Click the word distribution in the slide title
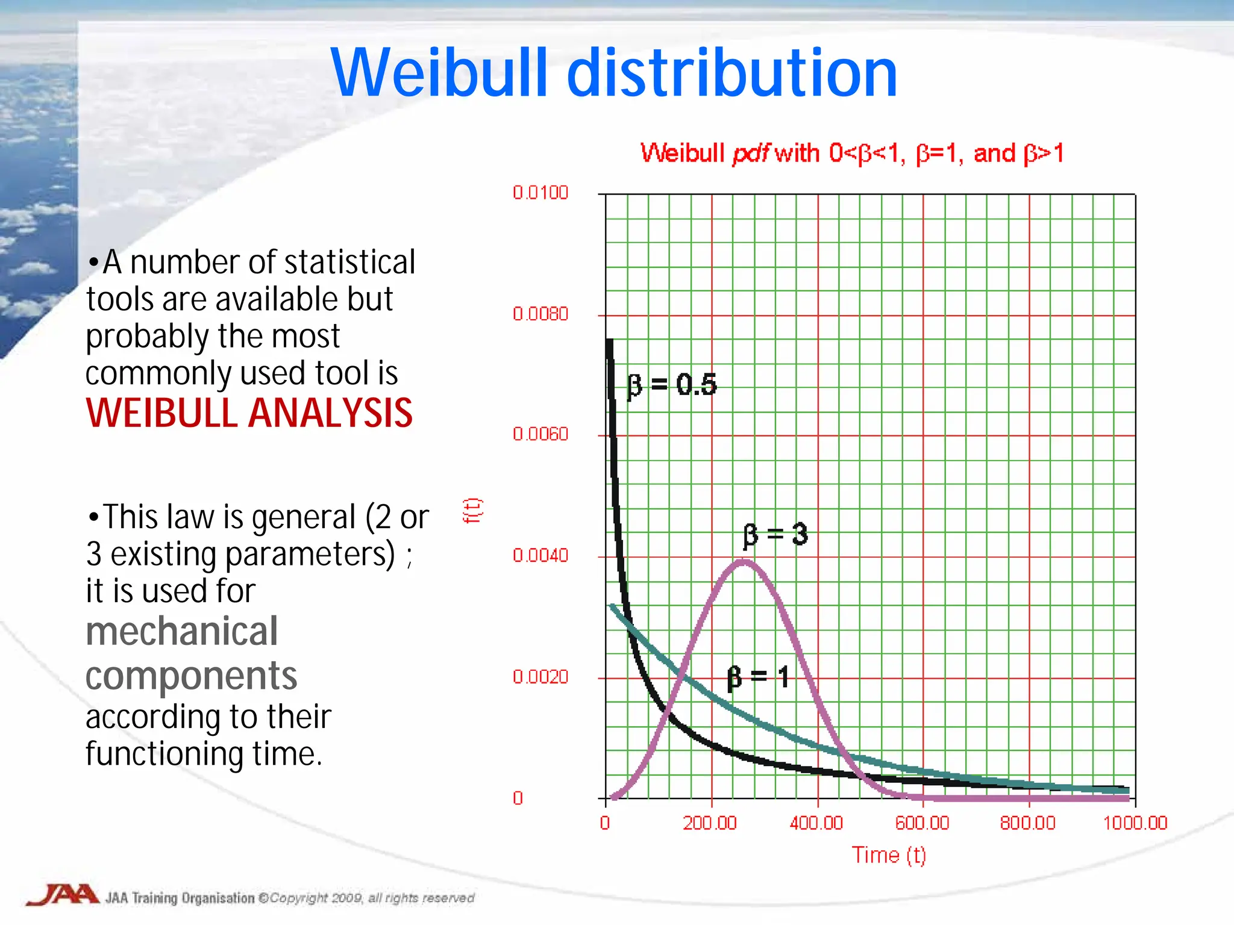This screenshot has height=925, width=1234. point(732,73)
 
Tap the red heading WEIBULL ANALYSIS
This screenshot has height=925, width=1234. point(249,414)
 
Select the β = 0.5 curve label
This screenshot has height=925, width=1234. point(672,385)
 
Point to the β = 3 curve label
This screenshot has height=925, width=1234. point(775,534)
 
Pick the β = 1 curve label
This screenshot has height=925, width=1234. point(758,677)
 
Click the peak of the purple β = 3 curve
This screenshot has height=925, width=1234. point(744,562)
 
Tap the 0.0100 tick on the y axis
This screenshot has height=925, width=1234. point(540,193)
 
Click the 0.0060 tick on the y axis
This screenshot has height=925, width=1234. point(540,434)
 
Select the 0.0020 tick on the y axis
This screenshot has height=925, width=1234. point(540,677)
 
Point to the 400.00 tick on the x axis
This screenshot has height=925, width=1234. point(816,823)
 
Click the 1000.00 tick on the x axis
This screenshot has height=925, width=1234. point(1135,823)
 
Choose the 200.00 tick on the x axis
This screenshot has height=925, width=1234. point(710,823)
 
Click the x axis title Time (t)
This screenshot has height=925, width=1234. point(888,855)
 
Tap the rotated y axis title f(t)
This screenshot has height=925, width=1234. point(472,511)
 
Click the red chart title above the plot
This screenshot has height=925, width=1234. point(851,153)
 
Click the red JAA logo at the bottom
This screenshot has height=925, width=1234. point(63,895)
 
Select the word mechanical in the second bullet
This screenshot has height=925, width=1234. point(181,632)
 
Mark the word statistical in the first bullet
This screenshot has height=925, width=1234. point(349,263)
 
